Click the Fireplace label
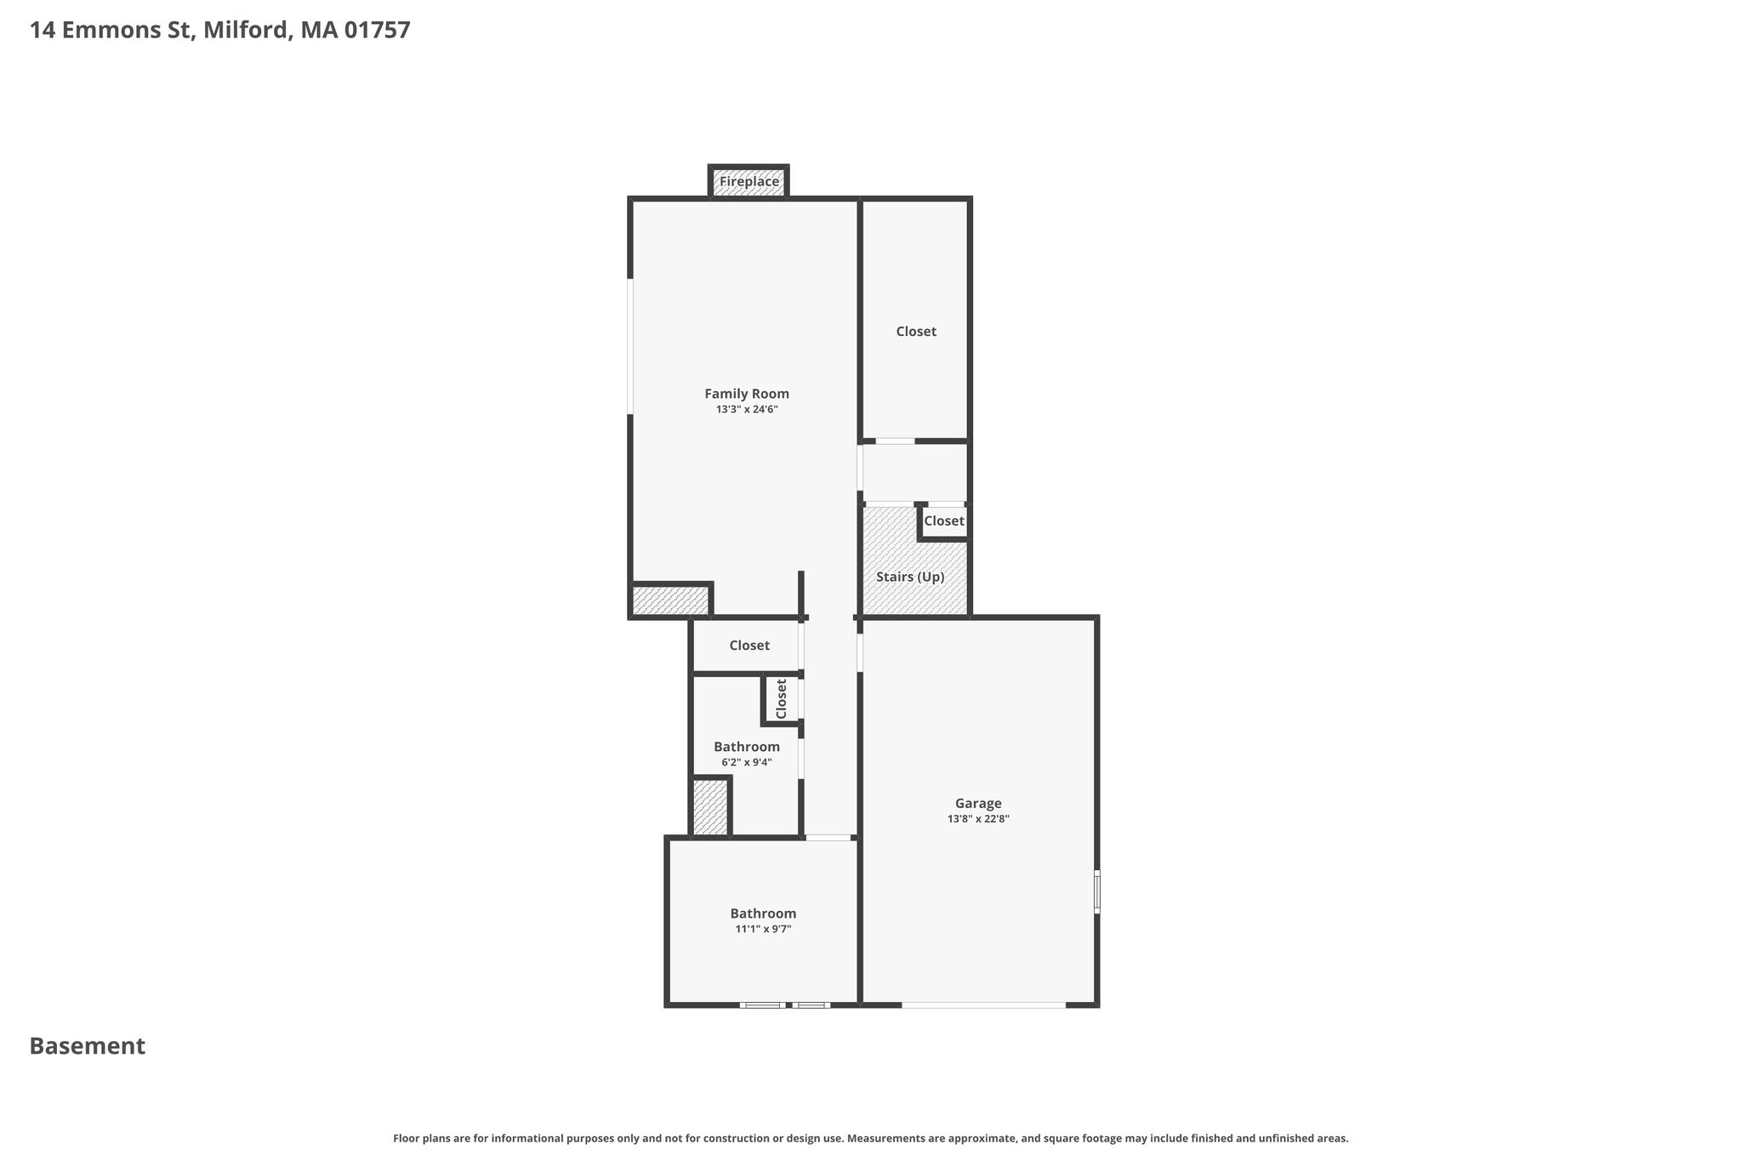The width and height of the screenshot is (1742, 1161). click(749, 181)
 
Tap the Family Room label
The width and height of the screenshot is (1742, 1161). click(747, 394)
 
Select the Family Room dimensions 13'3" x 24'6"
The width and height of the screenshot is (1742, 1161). click(747, 409)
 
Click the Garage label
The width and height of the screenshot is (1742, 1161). click(978, 804)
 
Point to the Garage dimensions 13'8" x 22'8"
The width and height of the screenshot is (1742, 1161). click(978, 819)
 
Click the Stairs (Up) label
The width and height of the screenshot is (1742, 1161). click(910, 577)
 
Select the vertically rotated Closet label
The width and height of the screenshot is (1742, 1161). click(782, 698)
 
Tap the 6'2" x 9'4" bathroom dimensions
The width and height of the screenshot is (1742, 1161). click(746, 762)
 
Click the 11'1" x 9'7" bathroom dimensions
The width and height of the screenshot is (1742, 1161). click(763, 929)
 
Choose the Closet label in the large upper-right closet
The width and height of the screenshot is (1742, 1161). click(916, 332)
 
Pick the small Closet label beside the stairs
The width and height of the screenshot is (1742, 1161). click(944, 521)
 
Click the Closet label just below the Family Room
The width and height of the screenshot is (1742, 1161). click(749, 646)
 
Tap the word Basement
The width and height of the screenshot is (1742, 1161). click(88, 1046)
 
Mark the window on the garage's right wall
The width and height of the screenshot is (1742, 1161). click(1096, 891)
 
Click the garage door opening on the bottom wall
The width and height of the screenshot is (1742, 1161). click(983, 1005)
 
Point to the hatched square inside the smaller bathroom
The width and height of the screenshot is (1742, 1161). click(710, 807)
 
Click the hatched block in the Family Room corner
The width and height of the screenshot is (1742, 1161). click(671, 600)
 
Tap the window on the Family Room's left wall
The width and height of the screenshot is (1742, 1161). click(630, 346)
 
